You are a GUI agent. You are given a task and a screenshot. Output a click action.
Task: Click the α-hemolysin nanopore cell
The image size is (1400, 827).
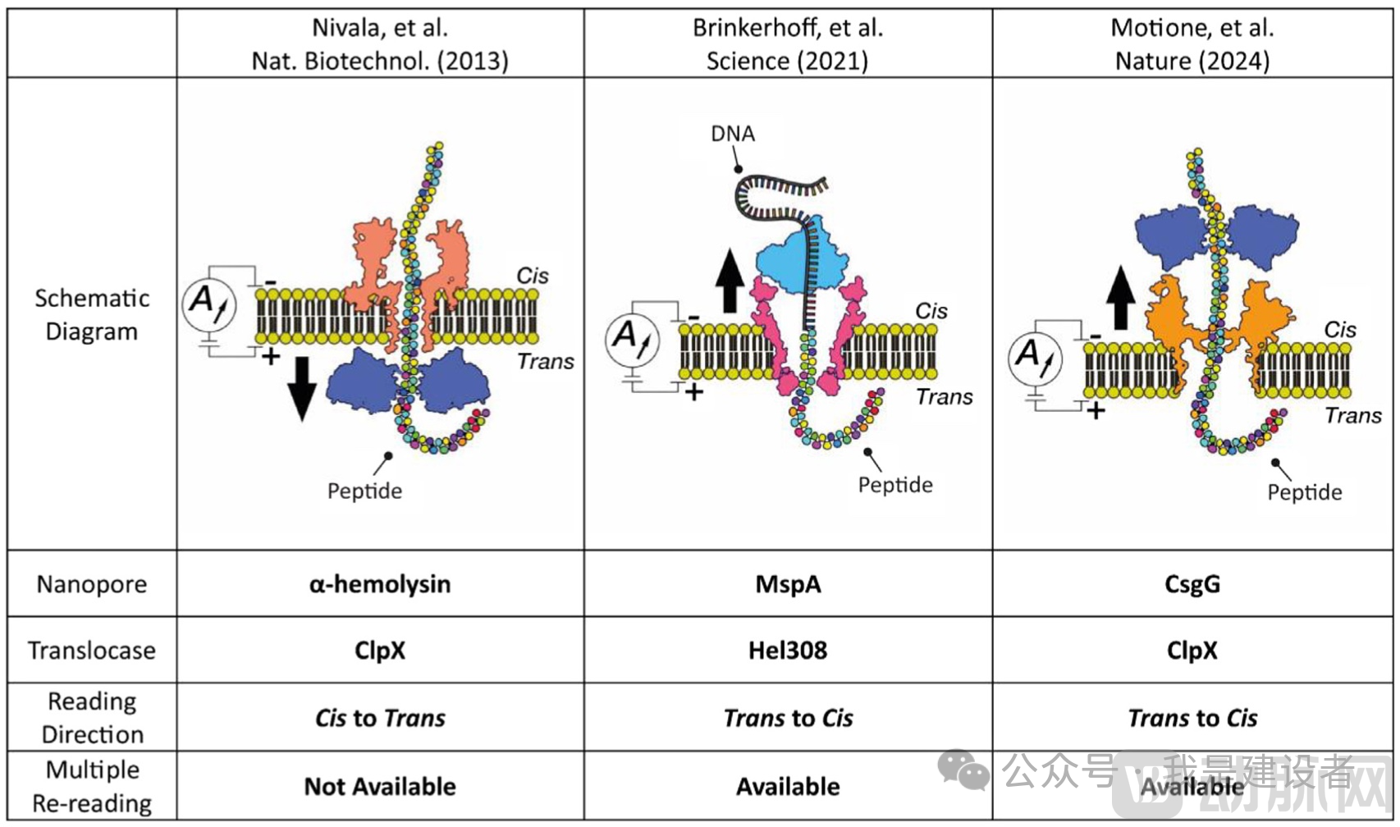(x=380, y=584)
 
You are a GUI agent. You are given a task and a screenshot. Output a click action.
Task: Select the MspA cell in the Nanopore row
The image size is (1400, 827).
(x=788, y=584)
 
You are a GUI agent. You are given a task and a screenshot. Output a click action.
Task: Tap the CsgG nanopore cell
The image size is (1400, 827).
(x=1192, y=584)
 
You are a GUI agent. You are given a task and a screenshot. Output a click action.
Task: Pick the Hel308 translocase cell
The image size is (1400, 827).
(x=788, y=651)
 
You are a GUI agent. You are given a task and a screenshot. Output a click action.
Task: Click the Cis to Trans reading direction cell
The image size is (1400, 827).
(x=380, y=718)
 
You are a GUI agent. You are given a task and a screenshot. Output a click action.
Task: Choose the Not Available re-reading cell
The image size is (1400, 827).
(x=380, y=786)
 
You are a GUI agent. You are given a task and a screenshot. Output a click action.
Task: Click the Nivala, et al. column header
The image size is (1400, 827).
(x=380, y=44)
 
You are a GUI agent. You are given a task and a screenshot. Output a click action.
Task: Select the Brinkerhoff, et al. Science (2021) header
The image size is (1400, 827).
(x=788, y=44)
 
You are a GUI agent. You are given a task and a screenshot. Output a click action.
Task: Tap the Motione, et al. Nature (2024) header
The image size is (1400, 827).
(x=1192, y=44)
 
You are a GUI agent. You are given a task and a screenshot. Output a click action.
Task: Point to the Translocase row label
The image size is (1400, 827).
(x=92, y=651)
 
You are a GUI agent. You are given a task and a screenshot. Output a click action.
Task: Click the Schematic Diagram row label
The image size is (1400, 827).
(x=92, y=314)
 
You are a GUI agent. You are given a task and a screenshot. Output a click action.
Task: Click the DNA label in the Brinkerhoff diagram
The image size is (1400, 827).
(x=732, y=134)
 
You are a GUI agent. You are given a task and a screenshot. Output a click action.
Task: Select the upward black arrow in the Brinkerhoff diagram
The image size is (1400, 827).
(x=729, y=281)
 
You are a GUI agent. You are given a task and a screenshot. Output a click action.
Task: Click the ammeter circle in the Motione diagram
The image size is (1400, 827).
(x=1035, y=358)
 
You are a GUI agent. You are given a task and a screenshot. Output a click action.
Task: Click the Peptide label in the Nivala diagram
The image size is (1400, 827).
(x=364, y=491)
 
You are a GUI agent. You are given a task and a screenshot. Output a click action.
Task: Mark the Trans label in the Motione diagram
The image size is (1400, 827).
(x=1352, y=416)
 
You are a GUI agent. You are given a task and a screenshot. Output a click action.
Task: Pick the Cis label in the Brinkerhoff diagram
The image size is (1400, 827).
(x=931, y=311)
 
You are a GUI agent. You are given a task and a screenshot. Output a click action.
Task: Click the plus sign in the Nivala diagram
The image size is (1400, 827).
(x=270, y=356)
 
